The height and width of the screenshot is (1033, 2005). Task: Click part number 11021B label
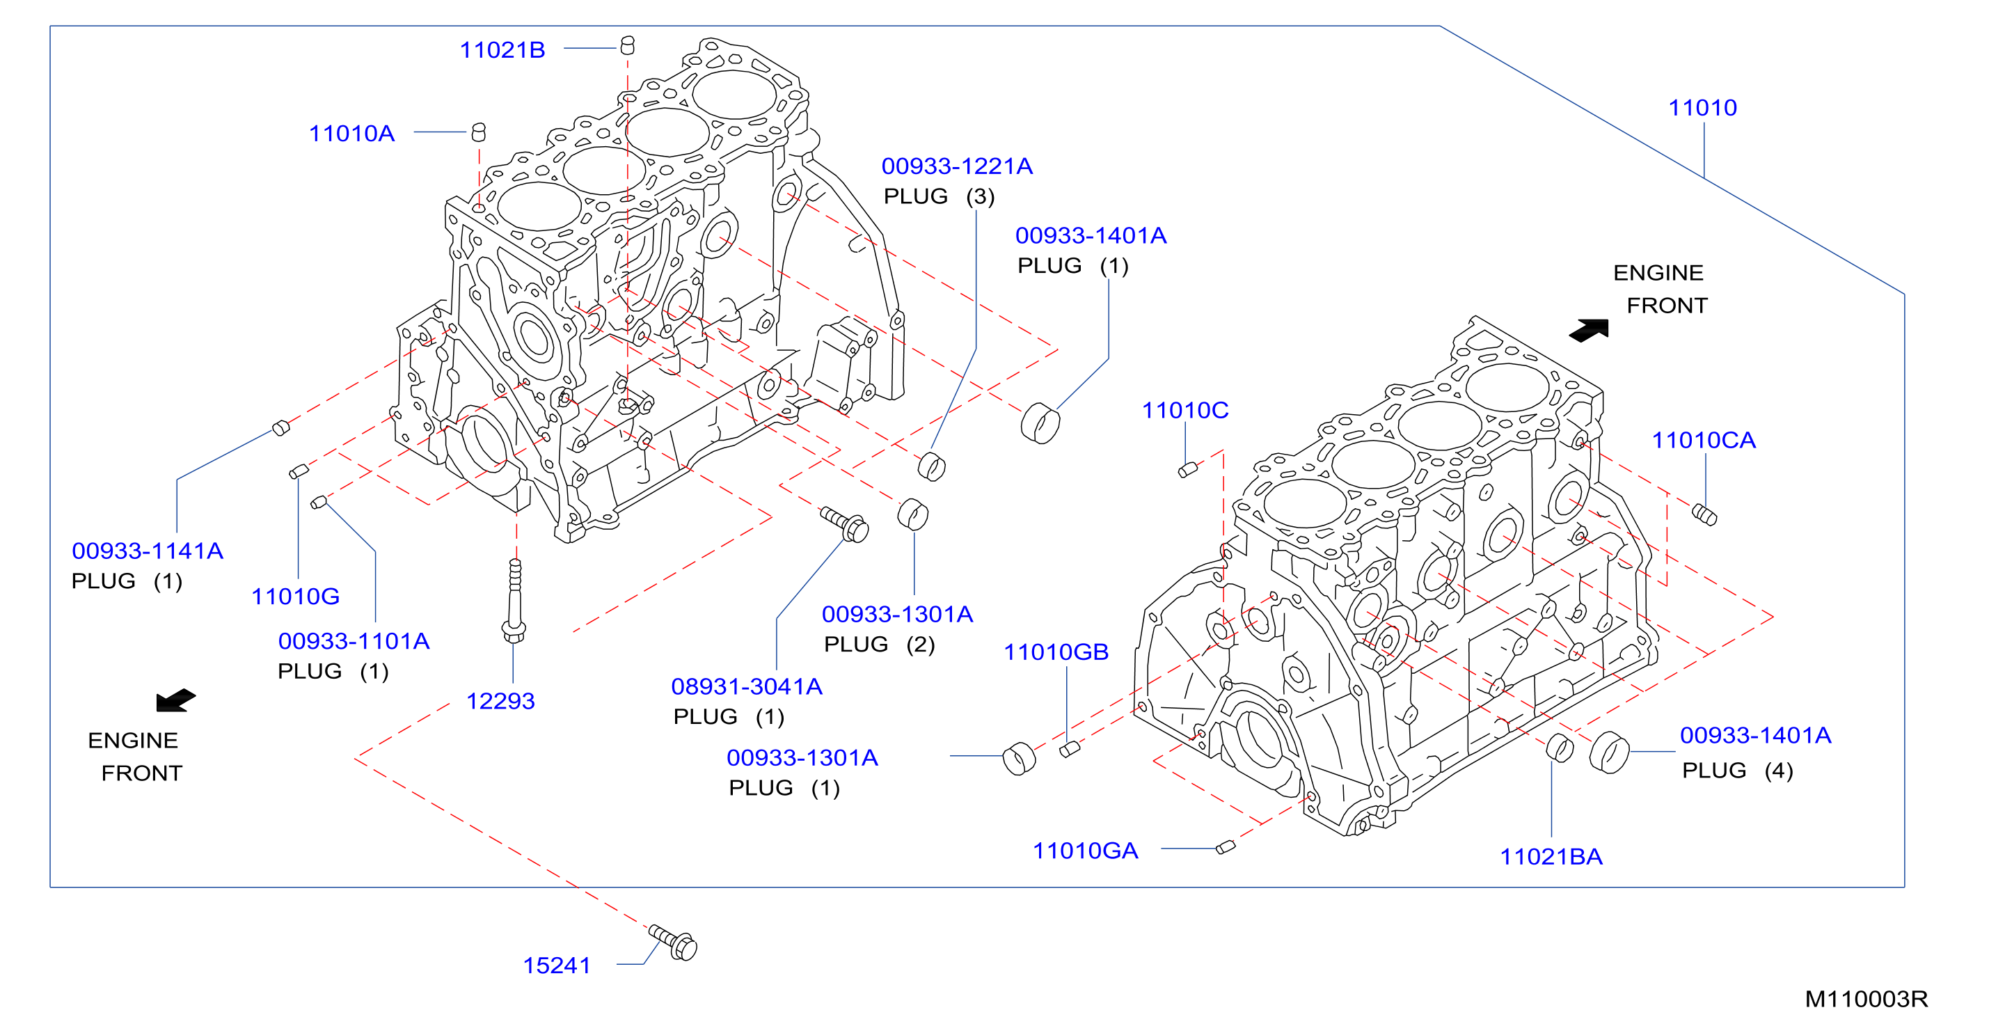click(502, 50)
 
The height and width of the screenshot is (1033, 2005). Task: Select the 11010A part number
click(352, 133)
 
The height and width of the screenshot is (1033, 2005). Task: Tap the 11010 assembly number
click(1702, 107)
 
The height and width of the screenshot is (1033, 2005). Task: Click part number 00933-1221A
click(957, 166)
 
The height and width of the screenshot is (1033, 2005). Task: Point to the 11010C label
click(1184, 410)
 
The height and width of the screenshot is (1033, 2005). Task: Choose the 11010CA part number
click(1704, 440)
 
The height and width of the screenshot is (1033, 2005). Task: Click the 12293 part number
click(500, 700)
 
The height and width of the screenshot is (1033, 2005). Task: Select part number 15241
click(557, 965)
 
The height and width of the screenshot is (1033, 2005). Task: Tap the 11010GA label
click(1085, 850)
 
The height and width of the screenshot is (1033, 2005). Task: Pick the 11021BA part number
click(1551, 856)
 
